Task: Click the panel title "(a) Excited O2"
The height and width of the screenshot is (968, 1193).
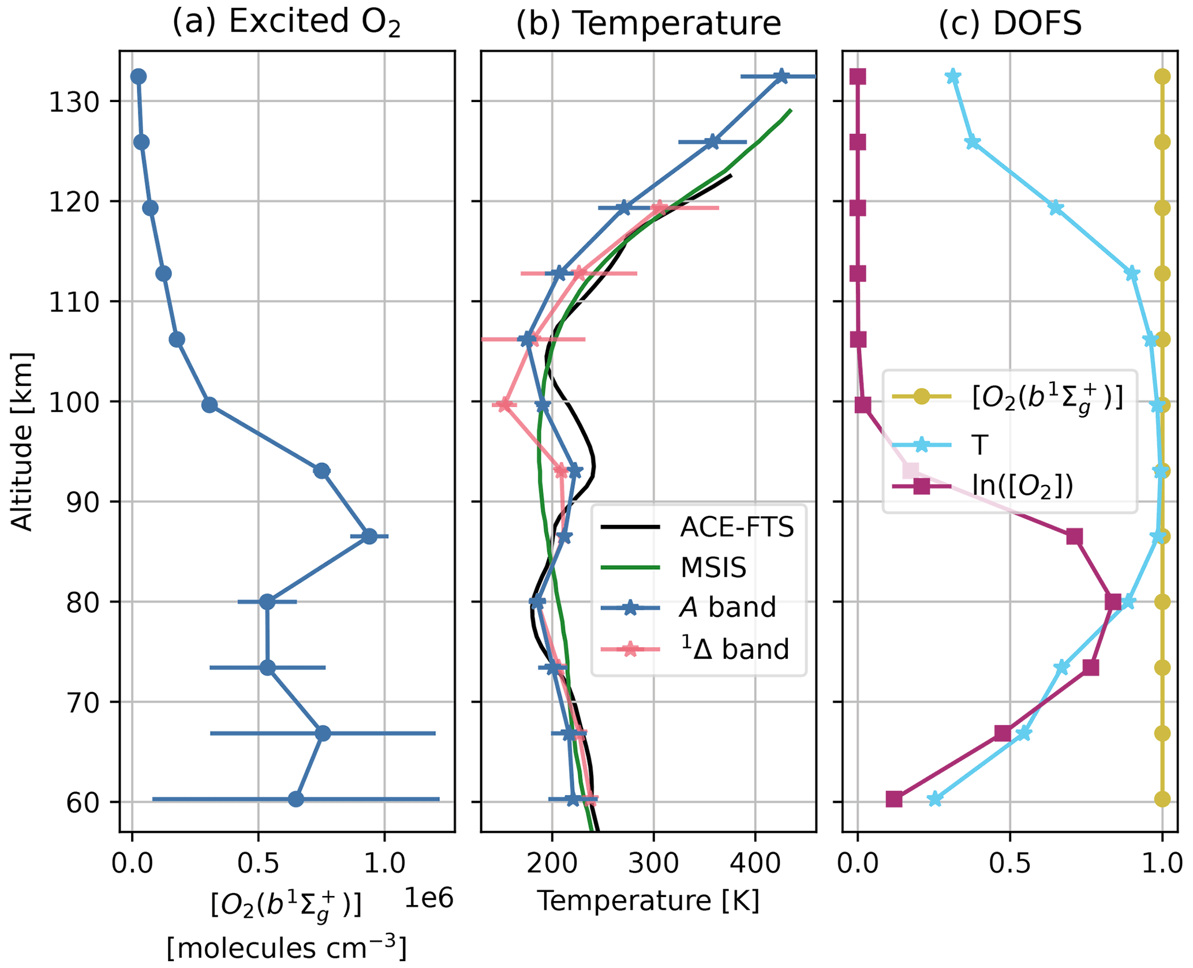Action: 286,23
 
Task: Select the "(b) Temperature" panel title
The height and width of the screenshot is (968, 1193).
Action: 648,23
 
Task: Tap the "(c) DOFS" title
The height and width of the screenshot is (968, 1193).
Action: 1010,23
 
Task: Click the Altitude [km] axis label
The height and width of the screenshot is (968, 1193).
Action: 22,441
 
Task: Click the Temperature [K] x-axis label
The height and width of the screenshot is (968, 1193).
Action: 648,901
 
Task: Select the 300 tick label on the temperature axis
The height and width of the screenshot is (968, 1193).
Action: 653,864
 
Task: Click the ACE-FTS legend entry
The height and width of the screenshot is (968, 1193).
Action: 736,527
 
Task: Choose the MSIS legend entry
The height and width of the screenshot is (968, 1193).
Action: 713,568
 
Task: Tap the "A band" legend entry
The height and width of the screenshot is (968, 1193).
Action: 727,607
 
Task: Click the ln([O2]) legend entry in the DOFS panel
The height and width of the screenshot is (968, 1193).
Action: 1022,486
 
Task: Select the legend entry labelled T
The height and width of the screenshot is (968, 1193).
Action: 980,445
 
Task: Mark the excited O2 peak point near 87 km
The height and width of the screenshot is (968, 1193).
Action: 369,536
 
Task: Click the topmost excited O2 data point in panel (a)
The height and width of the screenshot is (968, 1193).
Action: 139,76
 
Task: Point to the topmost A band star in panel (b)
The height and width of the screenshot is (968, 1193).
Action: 781,76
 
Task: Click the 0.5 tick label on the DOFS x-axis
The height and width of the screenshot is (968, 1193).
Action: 1009,864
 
